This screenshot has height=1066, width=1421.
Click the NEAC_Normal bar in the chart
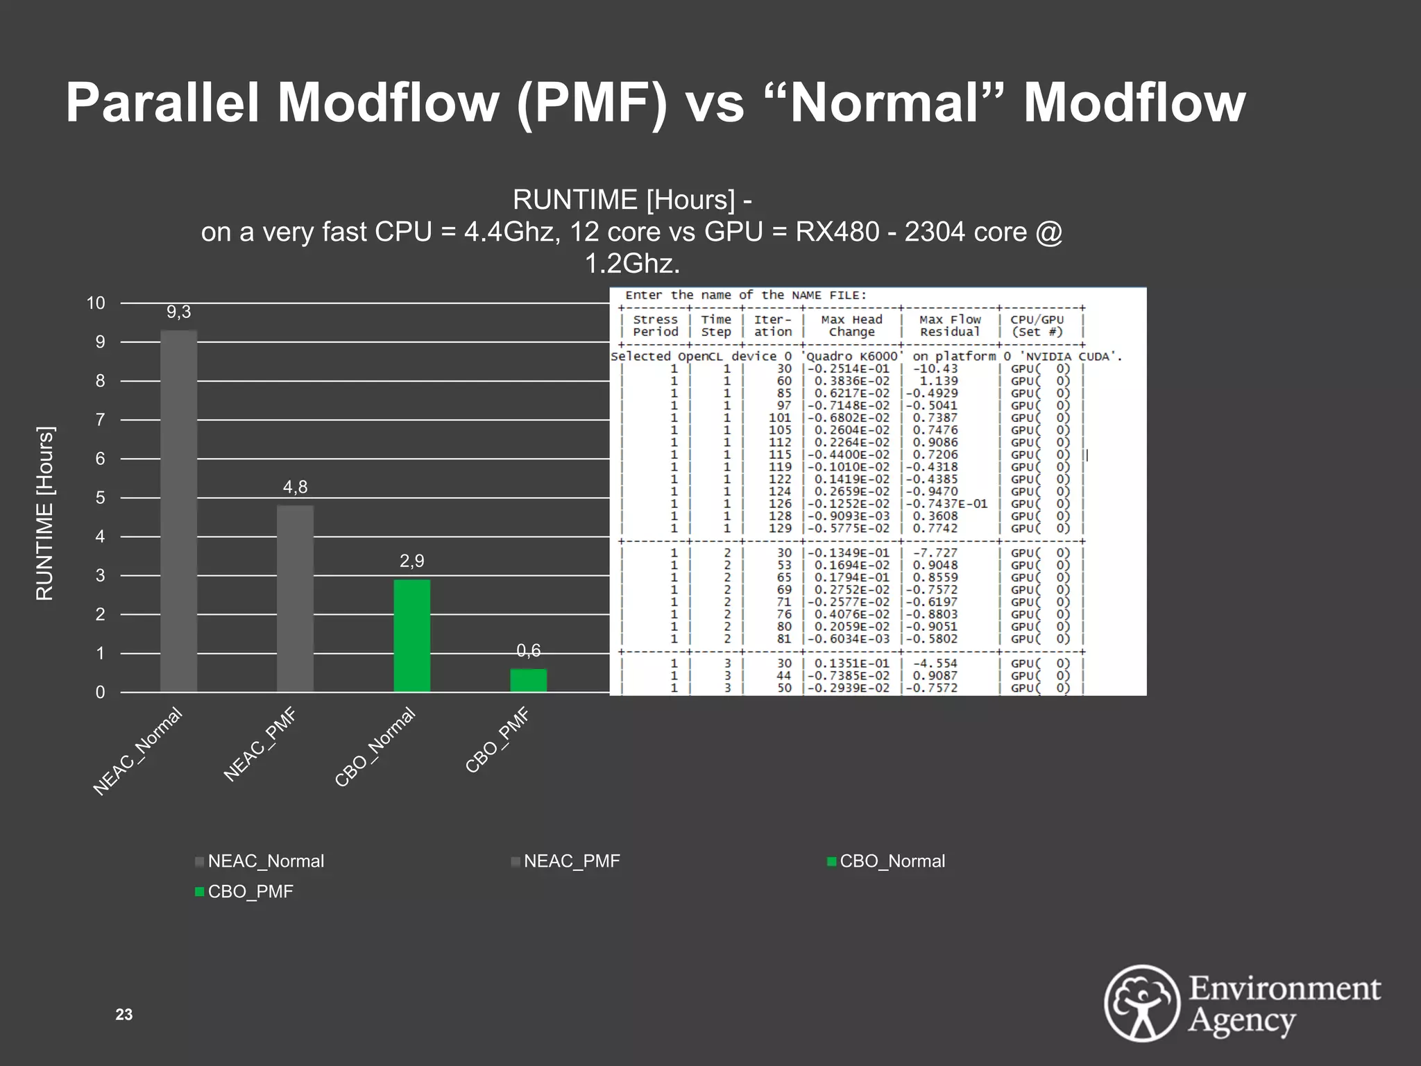(178, 511)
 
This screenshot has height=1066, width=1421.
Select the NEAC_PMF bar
(295, 598)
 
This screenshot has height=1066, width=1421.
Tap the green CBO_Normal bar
(411, 635)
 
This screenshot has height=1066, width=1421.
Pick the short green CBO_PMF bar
(528, 680)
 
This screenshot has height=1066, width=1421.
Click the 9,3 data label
(178, 312)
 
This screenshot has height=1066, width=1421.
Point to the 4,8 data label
(295, 487)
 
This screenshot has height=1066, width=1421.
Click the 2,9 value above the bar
(411, 561)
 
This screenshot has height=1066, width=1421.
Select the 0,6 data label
(528, 650)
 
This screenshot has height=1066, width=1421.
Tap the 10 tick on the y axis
(96, 303)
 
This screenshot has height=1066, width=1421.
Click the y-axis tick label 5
(101, 498)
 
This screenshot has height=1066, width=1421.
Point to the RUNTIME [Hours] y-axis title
(44, 514)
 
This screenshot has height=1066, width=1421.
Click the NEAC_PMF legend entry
(571, 861)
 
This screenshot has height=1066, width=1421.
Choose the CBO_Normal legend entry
(892, 861)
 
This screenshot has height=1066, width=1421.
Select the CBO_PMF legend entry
(250, 892)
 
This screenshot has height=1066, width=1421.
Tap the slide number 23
(124, 1015)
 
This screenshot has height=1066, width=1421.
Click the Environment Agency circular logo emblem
(1142, 1003)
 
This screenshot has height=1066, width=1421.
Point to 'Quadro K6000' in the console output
(853, 357)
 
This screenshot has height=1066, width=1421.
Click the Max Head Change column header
(851, 325)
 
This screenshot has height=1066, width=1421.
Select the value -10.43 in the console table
(935, 369)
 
